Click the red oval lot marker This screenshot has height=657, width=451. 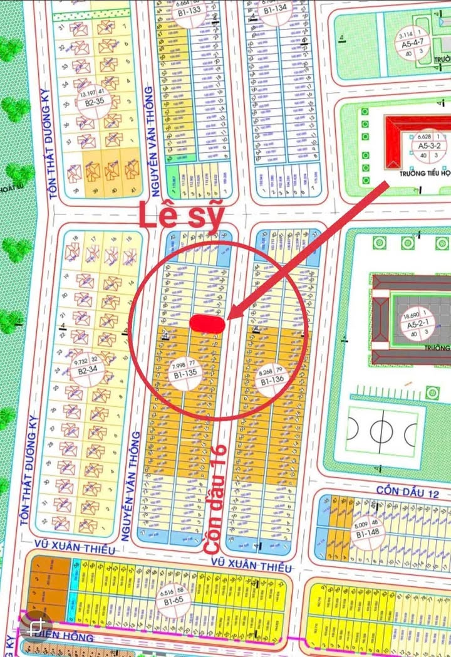click(x=207, y=322)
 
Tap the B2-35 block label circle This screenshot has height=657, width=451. click(x=91, y=100)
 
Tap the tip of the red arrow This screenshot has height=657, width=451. click(x=226, y=318)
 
